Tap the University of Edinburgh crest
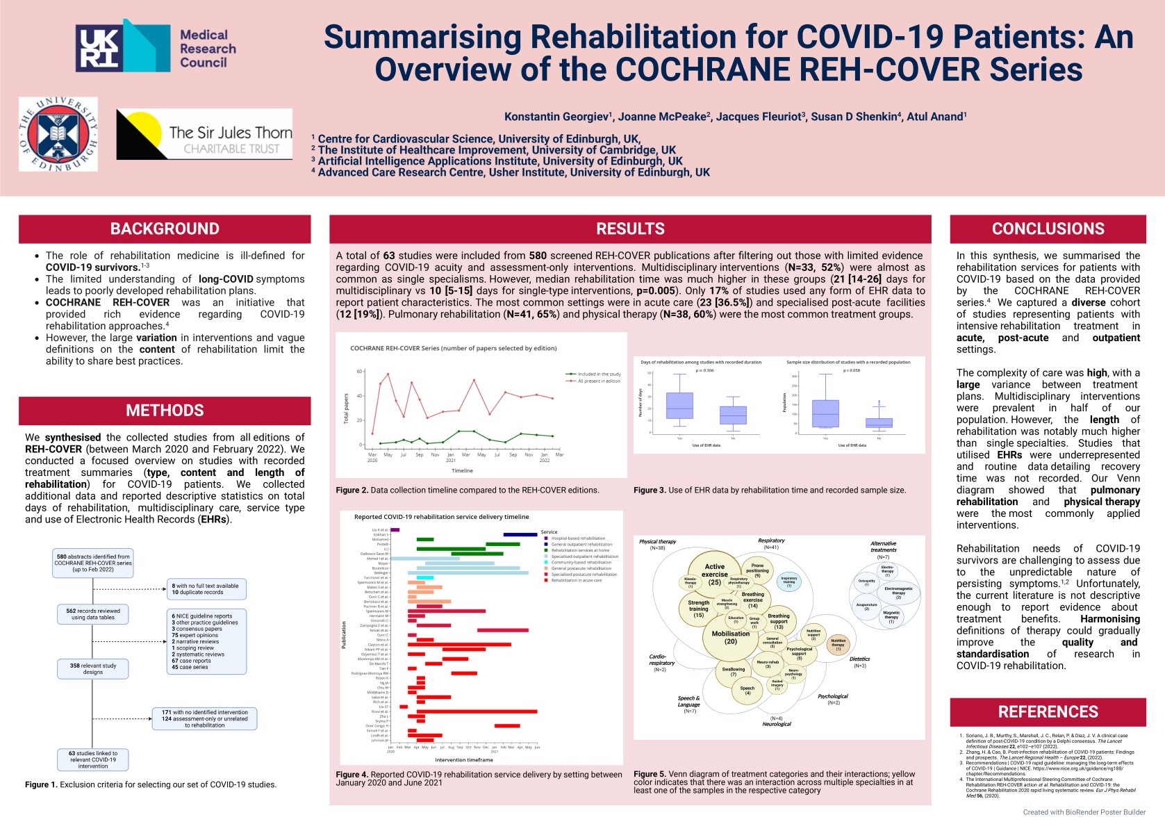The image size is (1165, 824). pos(58,134)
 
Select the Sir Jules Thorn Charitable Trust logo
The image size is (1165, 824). pos(204,135)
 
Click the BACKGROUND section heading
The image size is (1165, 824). pos(165,229)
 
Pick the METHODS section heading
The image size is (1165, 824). pos(165,411)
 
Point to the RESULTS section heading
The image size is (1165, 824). pos(630,229)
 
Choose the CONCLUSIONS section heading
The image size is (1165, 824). pos(1048,229)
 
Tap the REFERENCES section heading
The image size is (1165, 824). pos(1048,711)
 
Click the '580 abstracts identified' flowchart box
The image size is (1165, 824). pos(93,563)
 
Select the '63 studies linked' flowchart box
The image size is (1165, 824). pos(93,759)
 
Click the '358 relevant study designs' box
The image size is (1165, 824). pos(93,669)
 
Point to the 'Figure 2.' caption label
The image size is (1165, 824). pos(352,491)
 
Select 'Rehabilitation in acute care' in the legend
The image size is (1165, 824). pos(577,580)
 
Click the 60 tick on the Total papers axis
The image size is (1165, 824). pos(360,372)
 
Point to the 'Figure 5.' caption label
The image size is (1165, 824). pos(650,774)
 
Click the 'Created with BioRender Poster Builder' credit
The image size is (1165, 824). pos(1084,812)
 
